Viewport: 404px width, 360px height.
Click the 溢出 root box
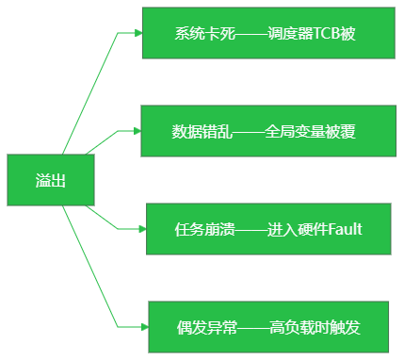point(51,180)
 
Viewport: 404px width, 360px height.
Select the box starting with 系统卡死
point(268,33)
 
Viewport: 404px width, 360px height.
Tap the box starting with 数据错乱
point(268,131)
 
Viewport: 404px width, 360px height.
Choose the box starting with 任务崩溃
point(268,229)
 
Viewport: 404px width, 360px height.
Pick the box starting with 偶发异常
point(268,327)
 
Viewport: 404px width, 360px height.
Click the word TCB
point(327,33)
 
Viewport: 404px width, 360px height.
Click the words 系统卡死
point(204,33)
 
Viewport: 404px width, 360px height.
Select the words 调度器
point(290,33)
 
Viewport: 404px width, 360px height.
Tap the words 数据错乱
point(202,131)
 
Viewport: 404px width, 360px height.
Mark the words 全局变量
point(295,131)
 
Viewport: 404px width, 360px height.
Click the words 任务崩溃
point(204,229)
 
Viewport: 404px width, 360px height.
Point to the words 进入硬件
point(298,229)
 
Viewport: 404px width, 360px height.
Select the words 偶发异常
point(207,327)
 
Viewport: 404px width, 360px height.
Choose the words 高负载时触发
point(315,327)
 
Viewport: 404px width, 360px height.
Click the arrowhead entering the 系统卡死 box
point(138,33)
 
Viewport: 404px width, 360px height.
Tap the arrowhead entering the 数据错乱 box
point(137,131)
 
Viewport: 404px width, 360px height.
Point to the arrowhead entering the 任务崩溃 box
point(142,229)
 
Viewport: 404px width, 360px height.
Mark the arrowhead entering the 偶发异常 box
point(145,327)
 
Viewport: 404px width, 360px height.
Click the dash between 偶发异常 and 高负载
point(253,328)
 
